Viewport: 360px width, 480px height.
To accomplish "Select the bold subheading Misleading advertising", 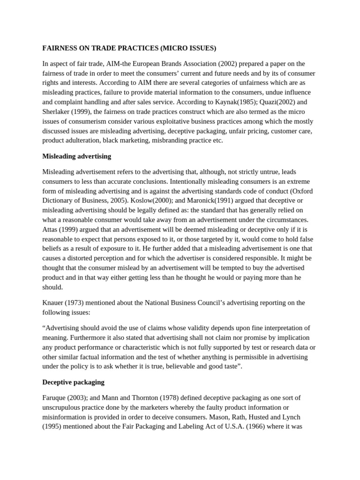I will tap(77, 156).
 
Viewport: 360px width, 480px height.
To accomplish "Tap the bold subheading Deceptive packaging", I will tap(74, 382).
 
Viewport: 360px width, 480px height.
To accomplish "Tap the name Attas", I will tap(51, 229).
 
